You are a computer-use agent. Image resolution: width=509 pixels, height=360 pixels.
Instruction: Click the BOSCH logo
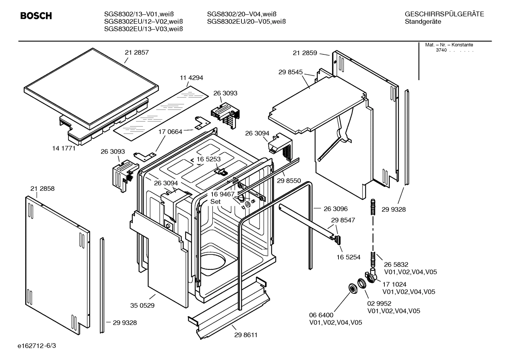36,16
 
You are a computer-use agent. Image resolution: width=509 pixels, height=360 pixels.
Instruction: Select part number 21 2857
137,52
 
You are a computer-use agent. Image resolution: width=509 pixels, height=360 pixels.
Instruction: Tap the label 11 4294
191,78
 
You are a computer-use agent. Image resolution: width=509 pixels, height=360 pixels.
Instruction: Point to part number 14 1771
64,148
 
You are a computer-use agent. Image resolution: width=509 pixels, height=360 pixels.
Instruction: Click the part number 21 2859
305,53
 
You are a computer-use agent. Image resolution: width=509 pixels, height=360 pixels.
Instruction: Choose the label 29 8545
291,72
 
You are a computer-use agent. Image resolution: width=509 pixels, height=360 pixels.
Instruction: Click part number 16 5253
208,159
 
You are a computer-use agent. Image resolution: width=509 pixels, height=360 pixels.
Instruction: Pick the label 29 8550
289,181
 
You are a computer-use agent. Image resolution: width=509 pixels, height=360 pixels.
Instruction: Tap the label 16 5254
348,257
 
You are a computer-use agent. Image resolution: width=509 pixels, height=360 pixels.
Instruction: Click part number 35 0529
142,306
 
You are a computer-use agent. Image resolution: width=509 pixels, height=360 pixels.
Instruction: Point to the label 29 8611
245,335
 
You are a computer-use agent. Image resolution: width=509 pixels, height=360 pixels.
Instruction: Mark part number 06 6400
321,315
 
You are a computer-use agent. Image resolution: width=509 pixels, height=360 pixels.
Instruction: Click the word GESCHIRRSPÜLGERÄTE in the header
444,14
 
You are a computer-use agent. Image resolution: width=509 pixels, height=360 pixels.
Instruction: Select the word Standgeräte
423,22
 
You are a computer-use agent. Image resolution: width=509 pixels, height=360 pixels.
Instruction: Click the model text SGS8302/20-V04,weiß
241,14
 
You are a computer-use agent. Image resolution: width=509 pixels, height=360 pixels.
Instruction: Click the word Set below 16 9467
215,202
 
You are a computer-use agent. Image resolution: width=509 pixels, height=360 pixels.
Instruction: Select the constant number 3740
441,50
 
